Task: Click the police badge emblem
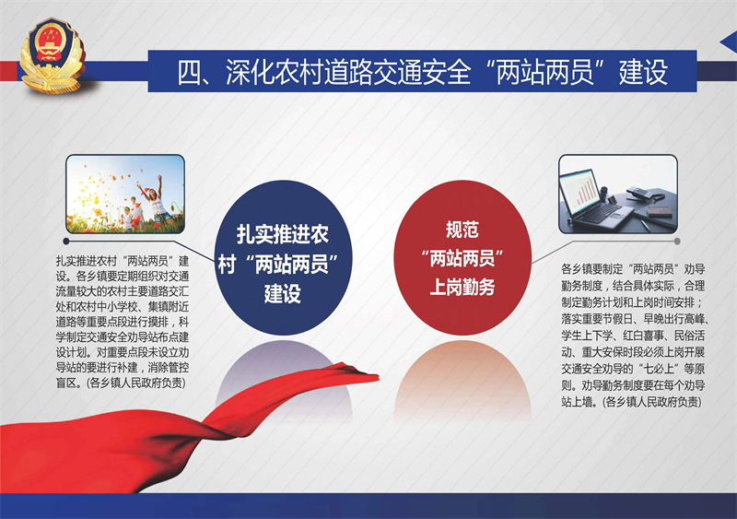pyautogui.click(x=53, y=54)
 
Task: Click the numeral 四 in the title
pyautogui.click(x=189, y=72)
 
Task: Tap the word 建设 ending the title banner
pyautogui.click(x=643, y=72)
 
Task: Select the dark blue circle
pyautogui.click(x=283, y=257)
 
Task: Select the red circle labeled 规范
pyautogui.click(x=462, y=257)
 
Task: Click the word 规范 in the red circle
pyautogui.click(x=462, y=230)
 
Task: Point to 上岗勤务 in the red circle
pyautogui.click(x=462, y=287)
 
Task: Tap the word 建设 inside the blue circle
pyautogui.click(x=283, y=294)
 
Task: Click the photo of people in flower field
pyautogui.click(x=125, y=194)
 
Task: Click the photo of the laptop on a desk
pyautogui.click(x=618, y=194)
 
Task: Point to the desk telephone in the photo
pyautogui.click(x=643, y=194)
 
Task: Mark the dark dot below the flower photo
pyautogui.click(x=66, y=242)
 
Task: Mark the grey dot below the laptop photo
pyautogui.click(x=677, y=242)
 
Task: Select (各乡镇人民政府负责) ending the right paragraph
pyautogui.click(x=652, y=402)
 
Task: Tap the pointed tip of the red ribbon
pyautogui.click(x=378, y=376)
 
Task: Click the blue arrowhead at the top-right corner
pyautogui.click(x=729, y=43)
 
